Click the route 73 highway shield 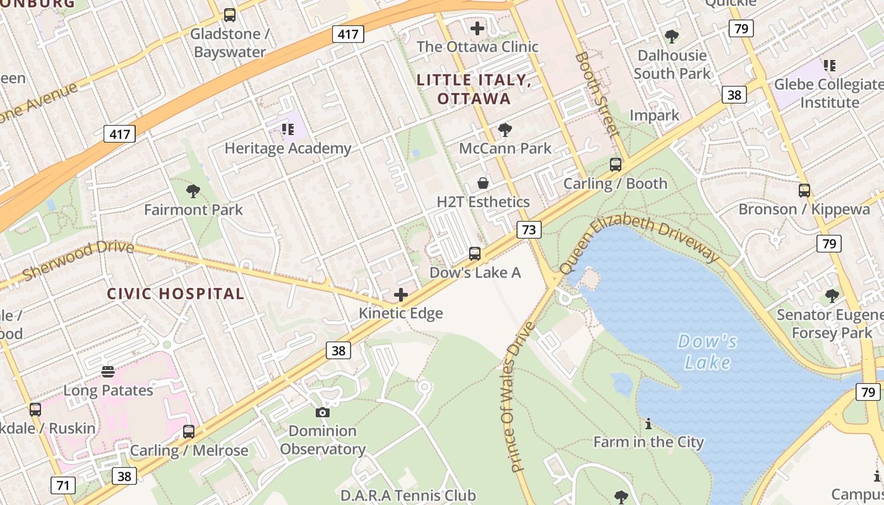529,230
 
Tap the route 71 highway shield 63,485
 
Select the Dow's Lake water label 707,352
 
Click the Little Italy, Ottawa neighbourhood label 474,89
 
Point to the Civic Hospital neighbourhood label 176,294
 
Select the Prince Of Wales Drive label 522,398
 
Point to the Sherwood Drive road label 78,259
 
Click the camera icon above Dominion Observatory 323,413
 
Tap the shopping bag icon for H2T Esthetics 483,183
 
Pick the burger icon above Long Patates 108,371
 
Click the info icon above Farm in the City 648,423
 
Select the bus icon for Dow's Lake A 475,254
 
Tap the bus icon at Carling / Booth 616,165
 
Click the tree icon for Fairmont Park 193,191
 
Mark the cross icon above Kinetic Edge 401,295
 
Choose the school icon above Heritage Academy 288,129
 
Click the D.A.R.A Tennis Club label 409,496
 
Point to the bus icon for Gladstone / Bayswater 230,15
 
